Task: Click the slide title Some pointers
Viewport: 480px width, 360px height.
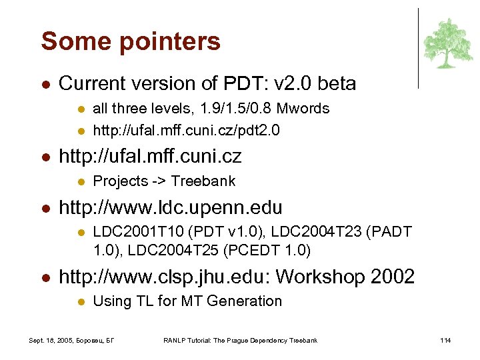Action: [131, 41]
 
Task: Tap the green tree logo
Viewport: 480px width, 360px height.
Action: [448, 43]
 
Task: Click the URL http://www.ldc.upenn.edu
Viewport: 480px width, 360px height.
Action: [171, 207]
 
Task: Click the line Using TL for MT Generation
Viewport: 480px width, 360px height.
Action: [187, 301]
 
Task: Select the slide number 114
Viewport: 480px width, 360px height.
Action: [445, 341]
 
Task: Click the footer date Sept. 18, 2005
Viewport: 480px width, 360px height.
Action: [53, 341]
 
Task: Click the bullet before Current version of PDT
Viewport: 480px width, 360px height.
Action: [44, 85]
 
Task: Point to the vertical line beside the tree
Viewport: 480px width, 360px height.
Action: [418, 48]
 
